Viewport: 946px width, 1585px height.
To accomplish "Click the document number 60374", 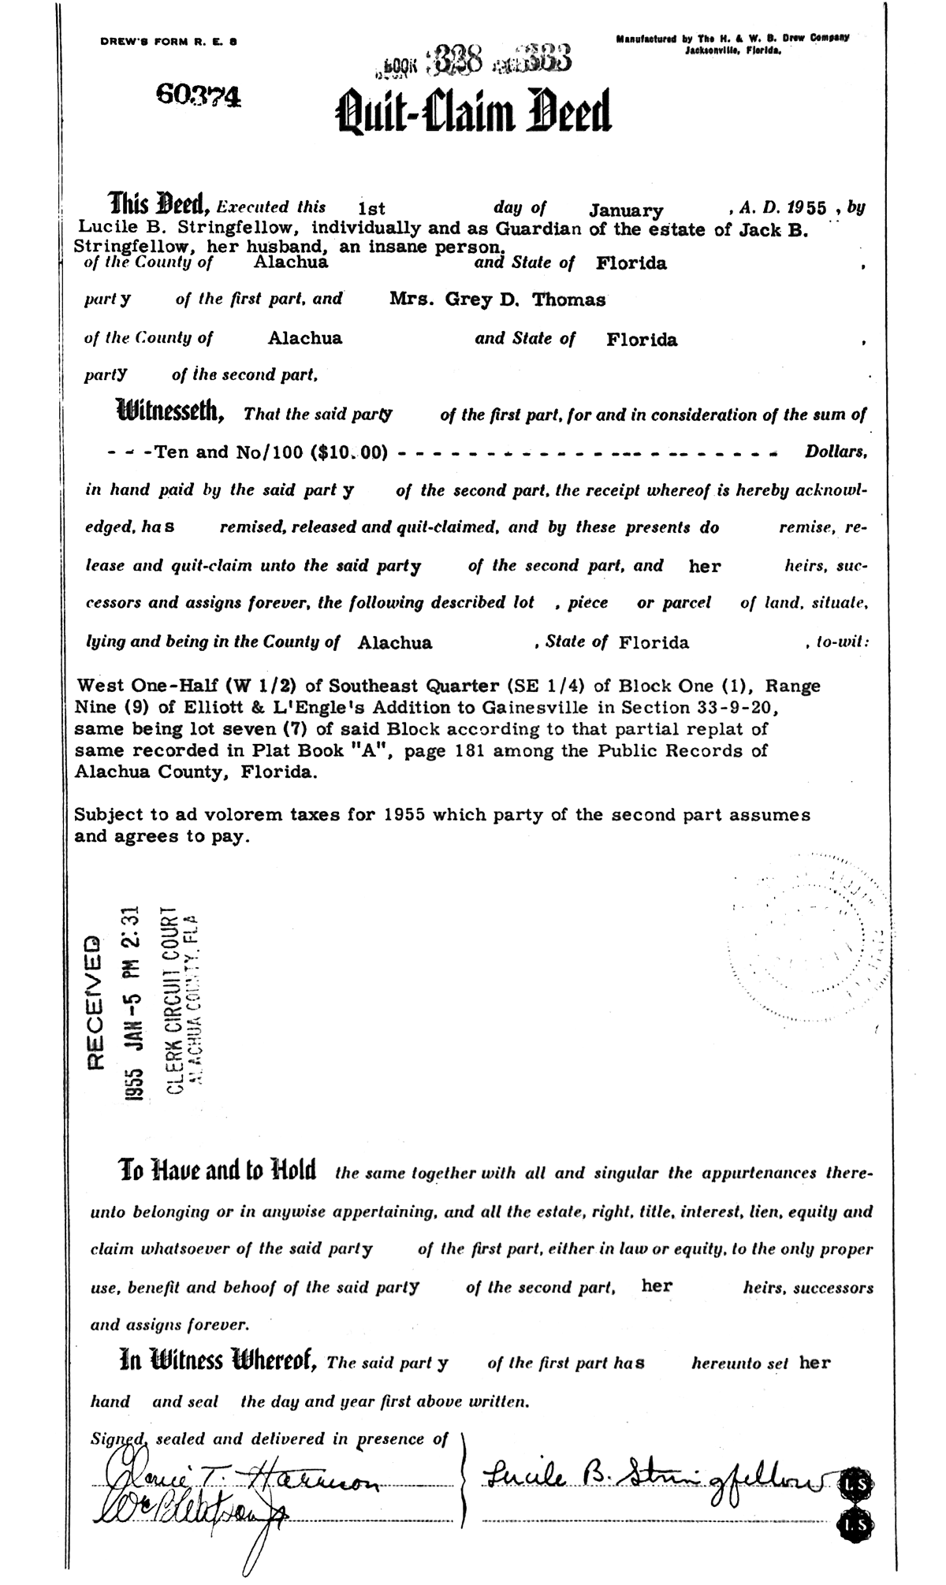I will coord(199,96).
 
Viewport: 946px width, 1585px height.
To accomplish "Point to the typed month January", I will coord(626,211).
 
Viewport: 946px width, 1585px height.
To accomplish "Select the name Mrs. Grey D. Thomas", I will coord(497,300).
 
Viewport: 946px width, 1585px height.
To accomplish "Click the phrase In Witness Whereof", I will coord(218,1361).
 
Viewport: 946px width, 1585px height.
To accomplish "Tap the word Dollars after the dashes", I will coord(836,453).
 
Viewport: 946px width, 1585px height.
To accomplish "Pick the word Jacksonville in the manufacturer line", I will coord(719,50).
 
